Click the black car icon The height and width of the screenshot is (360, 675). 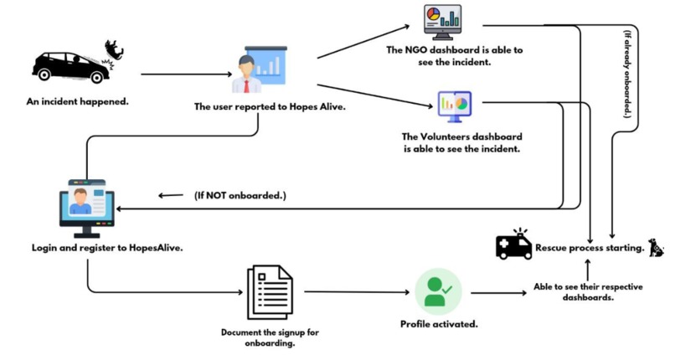pos(71,67)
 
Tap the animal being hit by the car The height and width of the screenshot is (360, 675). pos(115,49)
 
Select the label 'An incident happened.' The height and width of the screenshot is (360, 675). pos(78,102)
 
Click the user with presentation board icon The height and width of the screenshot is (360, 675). pos(259,69)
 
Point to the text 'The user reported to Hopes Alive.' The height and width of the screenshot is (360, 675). pos(270,106)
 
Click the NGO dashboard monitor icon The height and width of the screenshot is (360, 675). pos(442,22)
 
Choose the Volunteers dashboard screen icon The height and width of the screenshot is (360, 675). pos(455,106)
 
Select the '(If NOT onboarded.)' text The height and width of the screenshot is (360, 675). pos(240,196)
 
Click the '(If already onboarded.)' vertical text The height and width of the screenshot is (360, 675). pos(628,74)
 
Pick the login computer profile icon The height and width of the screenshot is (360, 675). pos(87,208)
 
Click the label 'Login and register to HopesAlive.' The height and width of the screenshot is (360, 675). pos(107,248)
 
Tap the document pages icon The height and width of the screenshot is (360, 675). pos(270,292)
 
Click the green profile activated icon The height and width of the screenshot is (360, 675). pos(438,292)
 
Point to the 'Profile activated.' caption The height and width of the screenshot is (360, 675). pos(439,324)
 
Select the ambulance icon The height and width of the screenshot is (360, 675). pos(514,244)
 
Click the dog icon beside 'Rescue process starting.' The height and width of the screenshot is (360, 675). pos(656,247)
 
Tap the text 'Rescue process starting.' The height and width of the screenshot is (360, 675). pos(590,248)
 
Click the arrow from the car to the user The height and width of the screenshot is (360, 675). pos(187,75)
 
